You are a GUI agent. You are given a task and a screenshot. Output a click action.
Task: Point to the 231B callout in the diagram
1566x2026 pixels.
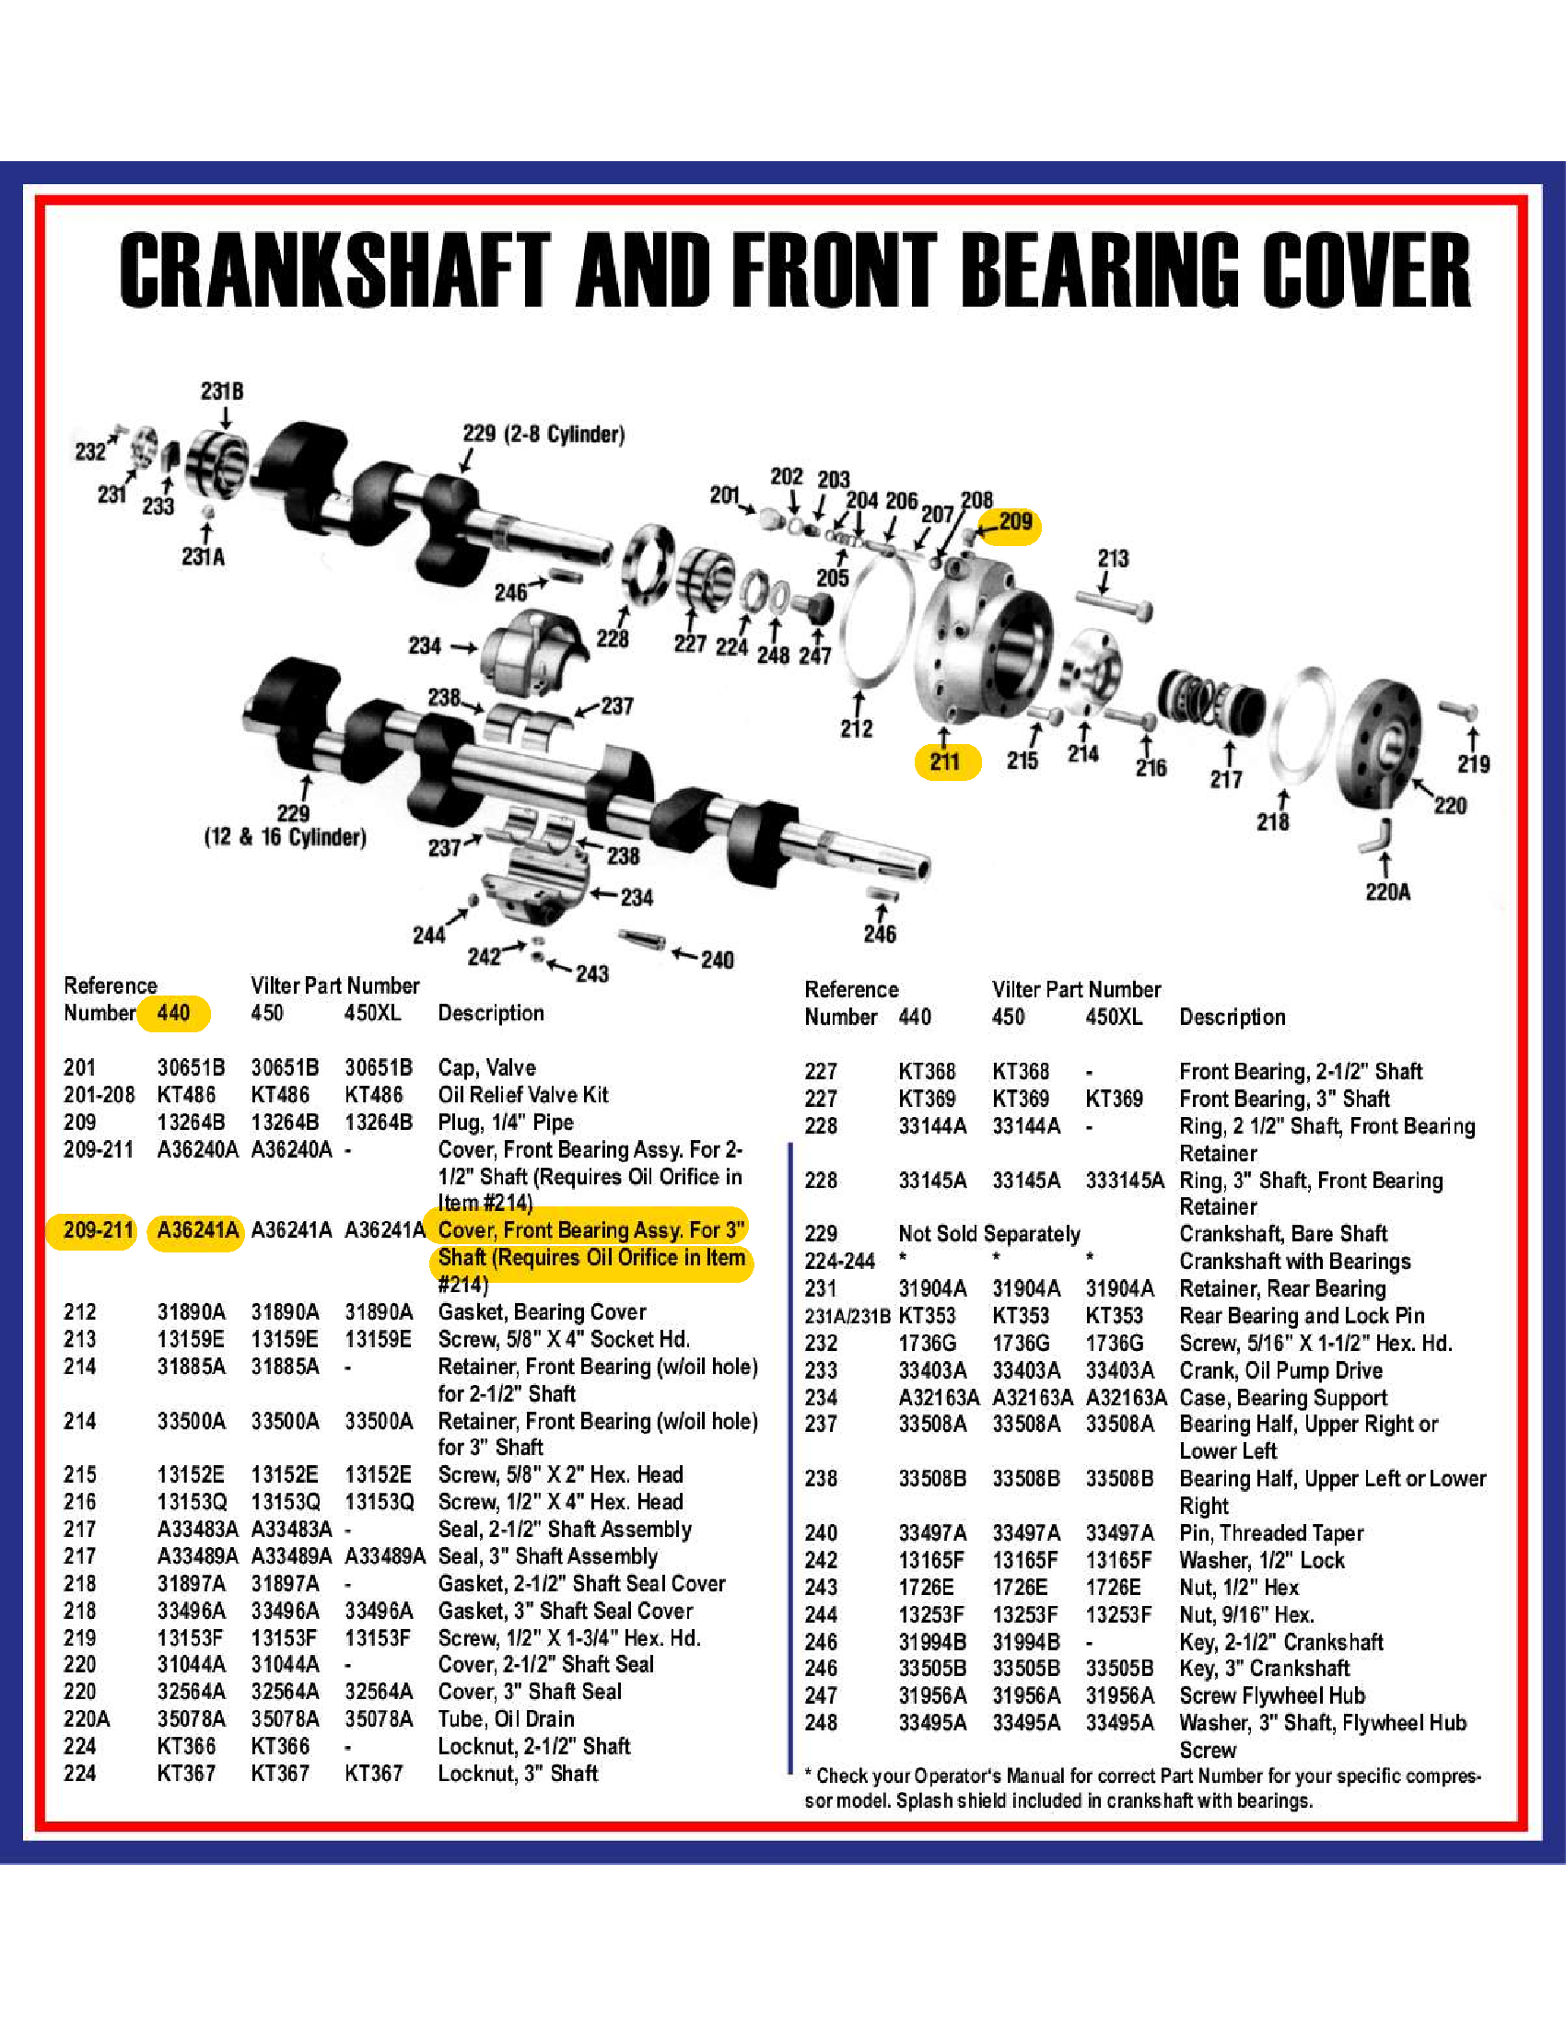(223, 391)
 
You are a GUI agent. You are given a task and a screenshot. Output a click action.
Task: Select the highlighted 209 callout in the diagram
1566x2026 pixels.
(1015, 521)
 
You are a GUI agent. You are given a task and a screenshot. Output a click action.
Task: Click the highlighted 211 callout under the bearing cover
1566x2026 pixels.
(944, 762)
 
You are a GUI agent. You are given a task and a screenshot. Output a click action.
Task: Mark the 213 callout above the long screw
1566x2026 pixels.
(1113, 558)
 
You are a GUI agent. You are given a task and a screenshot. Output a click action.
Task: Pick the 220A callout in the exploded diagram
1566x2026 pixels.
(1387, 891)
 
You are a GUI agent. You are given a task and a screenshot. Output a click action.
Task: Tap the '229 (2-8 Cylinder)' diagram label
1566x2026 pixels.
(543, 434)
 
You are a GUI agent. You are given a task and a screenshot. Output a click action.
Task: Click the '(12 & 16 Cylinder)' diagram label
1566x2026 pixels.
(285, 837)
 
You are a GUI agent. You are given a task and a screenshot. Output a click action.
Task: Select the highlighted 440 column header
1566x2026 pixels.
(173, 1012)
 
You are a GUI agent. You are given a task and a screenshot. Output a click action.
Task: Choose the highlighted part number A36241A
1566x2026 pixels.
(197, 1230)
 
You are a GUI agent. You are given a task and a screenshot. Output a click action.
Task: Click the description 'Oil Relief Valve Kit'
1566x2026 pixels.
(523, 1095)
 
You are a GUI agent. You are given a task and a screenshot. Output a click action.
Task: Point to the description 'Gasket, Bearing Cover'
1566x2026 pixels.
(542, 1311)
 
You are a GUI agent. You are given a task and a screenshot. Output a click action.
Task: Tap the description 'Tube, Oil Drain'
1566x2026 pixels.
(506, 1719)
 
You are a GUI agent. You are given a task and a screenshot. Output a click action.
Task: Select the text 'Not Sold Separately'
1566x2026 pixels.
(989, 1234)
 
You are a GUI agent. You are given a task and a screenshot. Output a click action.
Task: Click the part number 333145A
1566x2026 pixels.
(1125, 1180)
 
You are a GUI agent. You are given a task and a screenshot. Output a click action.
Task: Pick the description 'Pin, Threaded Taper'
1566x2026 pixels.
(1271, 1532)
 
